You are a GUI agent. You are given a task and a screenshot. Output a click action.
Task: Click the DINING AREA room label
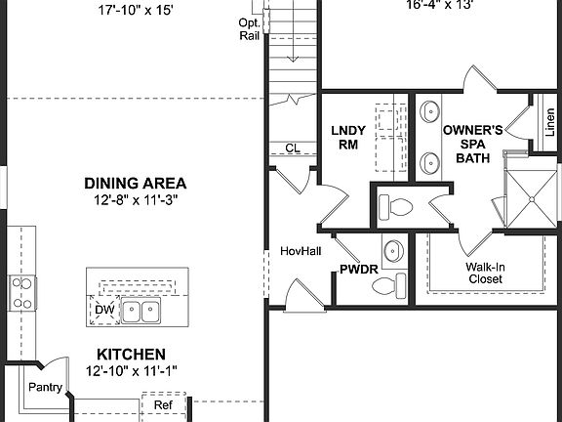[x=135, y=183]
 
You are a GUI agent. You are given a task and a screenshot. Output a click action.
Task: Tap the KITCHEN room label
[x=131, y=355]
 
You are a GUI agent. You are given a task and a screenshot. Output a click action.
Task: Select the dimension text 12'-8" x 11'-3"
[x=135, y=199]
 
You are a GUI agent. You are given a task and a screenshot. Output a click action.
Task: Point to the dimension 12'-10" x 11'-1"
[x=131, y=370]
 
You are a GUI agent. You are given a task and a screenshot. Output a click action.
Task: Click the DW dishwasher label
[x=103, y=311]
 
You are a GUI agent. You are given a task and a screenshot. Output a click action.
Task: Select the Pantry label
[x=46, y=388]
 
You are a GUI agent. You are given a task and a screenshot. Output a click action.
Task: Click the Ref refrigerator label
[x=162, y=402]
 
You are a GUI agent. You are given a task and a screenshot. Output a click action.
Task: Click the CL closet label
[x=292, y=148]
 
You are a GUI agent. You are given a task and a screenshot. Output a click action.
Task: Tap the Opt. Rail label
[x=249, y=29]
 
